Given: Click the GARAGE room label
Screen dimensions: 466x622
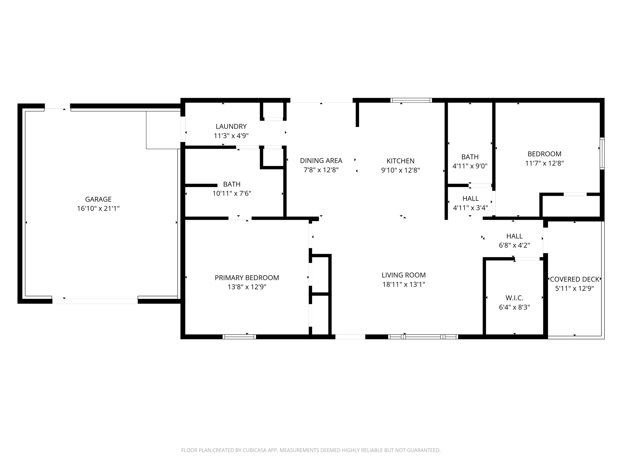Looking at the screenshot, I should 98,199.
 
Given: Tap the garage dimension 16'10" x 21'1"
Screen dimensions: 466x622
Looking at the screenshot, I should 98,208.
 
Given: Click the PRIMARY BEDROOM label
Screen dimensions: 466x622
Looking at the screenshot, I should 247,278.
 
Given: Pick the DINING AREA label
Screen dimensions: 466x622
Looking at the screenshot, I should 321,161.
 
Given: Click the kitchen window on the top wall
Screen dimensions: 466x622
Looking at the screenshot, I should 411,100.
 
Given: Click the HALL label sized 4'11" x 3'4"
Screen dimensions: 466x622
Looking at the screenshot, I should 470,199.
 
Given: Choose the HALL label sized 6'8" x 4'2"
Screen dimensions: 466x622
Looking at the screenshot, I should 514,236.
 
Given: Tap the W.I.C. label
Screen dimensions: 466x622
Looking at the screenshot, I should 514,298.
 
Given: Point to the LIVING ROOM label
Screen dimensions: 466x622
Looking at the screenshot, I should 403,275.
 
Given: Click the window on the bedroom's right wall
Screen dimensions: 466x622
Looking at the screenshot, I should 602,153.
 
